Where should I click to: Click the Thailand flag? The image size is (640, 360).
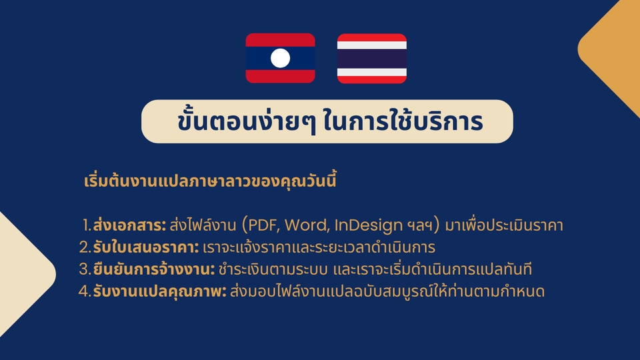[x=371, y=58]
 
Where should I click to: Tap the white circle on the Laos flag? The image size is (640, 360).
[x=281, y=58]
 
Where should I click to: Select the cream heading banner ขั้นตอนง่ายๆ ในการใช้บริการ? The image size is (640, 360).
[x=327, y=121]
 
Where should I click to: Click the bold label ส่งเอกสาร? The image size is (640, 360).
[x=130, y=225]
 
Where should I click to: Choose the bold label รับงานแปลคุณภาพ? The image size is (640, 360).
[x=159, y=291]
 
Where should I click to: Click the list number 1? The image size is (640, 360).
[x=86, y=225]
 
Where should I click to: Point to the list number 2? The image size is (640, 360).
[x=84, y=248]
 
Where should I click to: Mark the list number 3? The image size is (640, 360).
[x=84, y=270]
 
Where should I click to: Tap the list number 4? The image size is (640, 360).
[x=84, y=292]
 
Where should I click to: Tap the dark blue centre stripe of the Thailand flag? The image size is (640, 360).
[x=371, y=59]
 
